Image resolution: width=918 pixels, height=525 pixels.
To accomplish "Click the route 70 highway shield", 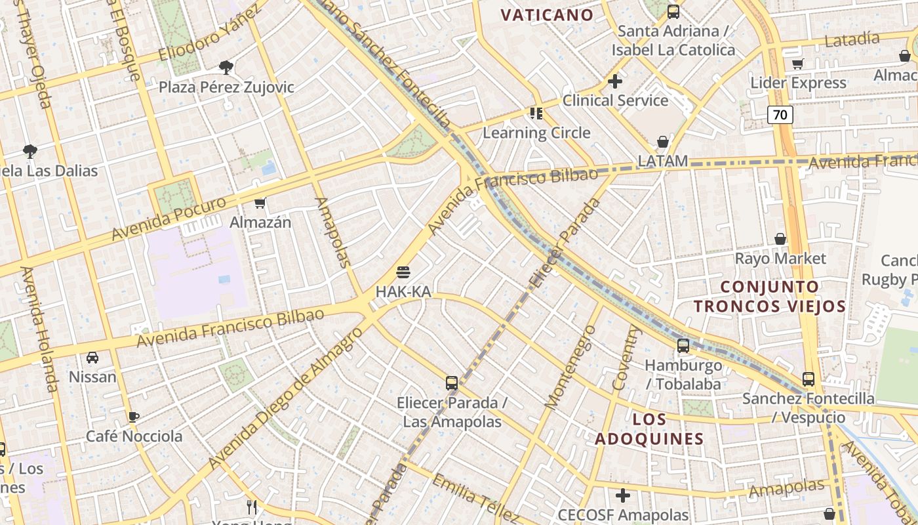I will click(780, 115).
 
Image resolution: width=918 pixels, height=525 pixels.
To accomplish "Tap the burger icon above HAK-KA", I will click(403, 272).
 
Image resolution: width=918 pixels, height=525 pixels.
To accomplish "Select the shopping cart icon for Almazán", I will click(260, 203).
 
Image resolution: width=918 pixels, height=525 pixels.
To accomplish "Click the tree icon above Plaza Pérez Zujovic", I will click(226, 67).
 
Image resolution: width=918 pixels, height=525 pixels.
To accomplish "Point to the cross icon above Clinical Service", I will click(615, 81).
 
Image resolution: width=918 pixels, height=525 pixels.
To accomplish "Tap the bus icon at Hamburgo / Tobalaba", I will click(683, 346).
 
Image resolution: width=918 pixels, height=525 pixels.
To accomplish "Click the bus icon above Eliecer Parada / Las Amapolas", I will click(452, 383).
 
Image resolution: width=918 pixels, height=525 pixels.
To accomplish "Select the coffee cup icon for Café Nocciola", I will click(134, 417).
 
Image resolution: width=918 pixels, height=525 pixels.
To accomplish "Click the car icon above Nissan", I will click(92, 358).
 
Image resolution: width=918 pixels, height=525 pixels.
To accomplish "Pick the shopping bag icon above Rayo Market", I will click(780, 239).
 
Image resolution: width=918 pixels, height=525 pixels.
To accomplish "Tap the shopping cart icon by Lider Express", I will click(798, 64).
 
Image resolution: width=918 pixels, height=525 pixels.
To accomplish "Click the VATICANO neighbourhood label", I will click(547, 14).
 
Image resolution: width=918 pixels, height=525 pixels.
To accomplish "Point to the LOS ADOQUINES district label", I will click(649, 429).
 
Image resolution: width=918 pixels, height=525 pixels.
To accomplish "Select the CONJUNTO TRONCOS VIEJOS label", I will click(770, 296).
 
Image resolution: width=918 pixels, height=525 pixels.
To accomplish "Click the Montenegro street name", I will click(570, 367).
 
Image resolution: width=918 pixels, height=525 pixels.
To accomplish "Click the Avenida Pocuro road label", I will click(169, 218).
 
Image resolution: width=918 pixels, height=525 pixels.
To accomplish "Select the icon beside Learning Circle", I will click(536, 114).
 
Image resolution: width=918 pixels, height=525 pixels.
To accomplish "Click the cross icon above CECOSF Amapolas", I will click(623, 495).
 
